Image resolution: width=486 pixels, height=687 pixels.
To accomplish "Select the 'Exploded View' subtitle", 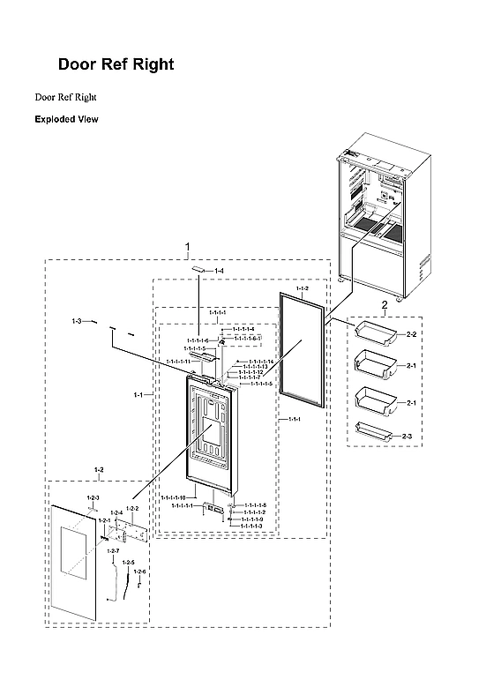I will point(66,118).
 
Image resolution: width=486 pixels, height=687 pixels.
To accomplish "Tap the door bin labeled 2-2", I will point(373,332).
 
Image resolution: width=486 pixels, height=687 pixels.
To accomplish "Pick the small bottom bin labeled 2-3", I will point(372,432).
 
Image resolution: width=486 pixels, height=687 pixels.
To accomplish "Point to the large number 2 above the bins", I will point(384,305).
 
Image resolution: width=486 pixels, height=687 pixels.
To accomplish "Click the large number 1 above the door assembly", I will point(187,245).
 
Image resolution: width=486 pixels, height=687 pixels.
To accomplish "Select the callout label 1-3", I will point(77,321).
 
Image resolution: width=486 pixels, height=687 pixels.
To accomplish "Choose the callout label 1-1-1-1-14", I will point(260,362).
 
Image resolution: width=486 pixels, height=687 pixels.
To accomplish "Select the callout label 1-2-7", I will point(113,550).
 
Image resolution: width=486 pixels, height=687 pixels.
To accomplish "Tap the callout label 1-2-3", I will point(93,499).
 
